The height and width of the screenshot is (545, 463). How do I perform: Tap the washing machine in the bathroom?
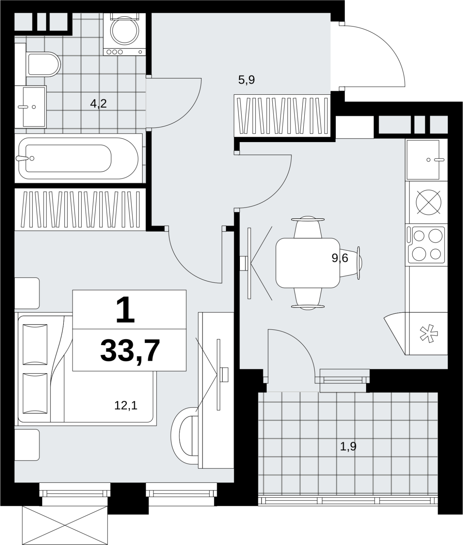coord(124,34)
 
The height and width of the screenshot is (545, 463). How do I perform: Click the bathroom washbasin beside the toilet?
coord(30,107)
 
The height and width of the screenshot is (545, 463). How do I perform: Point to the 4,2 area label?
coord(98,103)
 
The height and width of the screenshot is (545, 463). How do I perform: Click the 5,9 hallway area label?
coord(246,80)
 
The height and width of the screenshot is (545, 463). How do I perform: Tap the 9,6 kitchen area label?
coord(340,258)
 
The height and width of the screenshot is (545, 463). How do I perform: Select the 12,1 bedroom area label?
coord(126,405)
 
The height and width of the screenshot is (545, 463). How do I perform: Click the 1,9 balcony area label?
coord(348,446)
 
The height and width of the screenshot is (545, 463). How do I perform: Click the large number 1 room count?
coord(126,310)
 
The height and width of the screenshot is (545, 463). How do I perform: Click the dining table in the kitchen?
coord(308,263)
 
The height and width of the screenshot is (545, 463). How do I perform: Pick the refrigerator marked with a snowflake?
coord(426,333)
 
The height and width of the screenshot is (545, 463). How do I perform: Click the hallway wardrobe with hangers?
coord(282,115)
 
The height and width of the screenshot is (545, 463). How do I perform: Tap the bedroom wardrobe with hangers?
coord(81,209)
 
